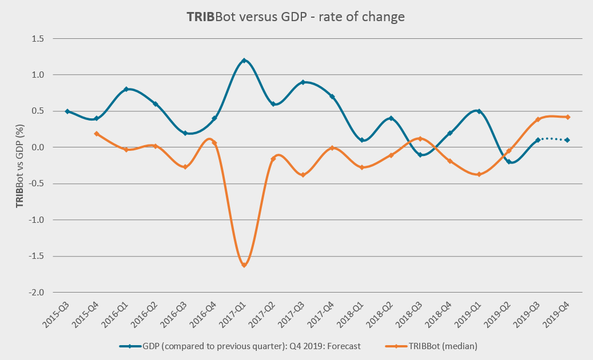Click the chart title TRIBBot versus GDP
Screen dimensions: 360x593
pyautogui.click(x=296, y=17)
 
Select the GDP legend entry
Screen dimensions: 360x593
pyautogui.click(x=240, y=346)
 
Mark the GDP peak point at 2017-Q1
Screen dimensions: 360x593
pyautogui.click(x=244, y=61)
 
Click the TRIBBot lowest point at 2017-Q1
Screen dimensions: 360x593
pyautogui.click(x=244, y=265)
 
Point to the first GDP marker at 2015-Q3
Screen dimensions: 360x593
pyautogui.click(x=67, y=111)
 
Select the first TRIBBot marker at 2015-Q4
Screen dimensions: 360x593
pyautogui.click(x=97, y=134)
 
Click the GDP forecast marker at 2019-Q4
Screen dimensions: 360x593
pyautogui.click(x=567, y=140)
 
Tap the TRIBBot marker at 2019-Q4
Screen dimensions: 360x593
pyautogui.click(x=567, y=117)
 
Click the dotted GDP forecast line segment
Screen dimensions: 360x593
pyautogui.click(x=552, y=138)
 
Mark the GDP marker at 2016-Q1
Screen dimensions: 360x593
pyautogui.click(x=126, y=89)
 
